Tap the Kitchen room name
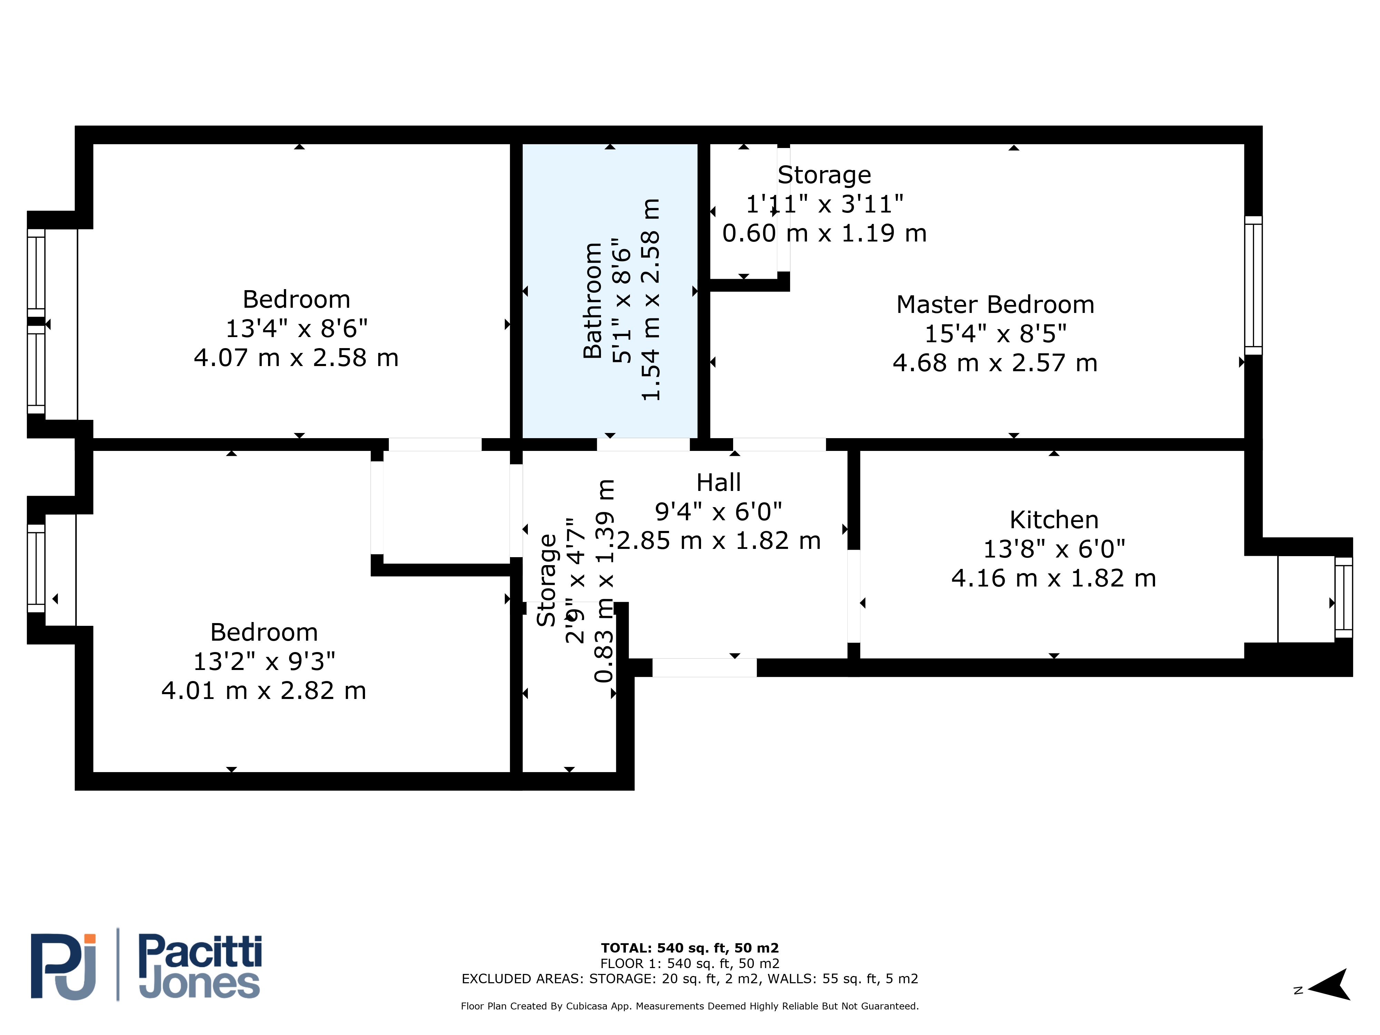[1054, 520]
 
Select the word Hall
[719, 482]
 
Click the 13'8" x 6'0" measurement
[1054, 549]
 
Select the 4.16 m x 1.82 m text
[1054, 578]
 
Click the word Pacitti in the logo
[200, 952]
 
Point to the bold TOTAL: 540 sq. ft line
[690, 948]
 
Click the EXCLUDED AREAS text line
[690, 979]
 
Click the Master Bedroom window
[1253, 285]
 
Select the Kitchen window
[1344, 598]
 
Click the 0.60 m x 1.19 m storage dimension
[824, 233]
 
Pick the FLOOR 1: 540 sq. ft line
[690, 964]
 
